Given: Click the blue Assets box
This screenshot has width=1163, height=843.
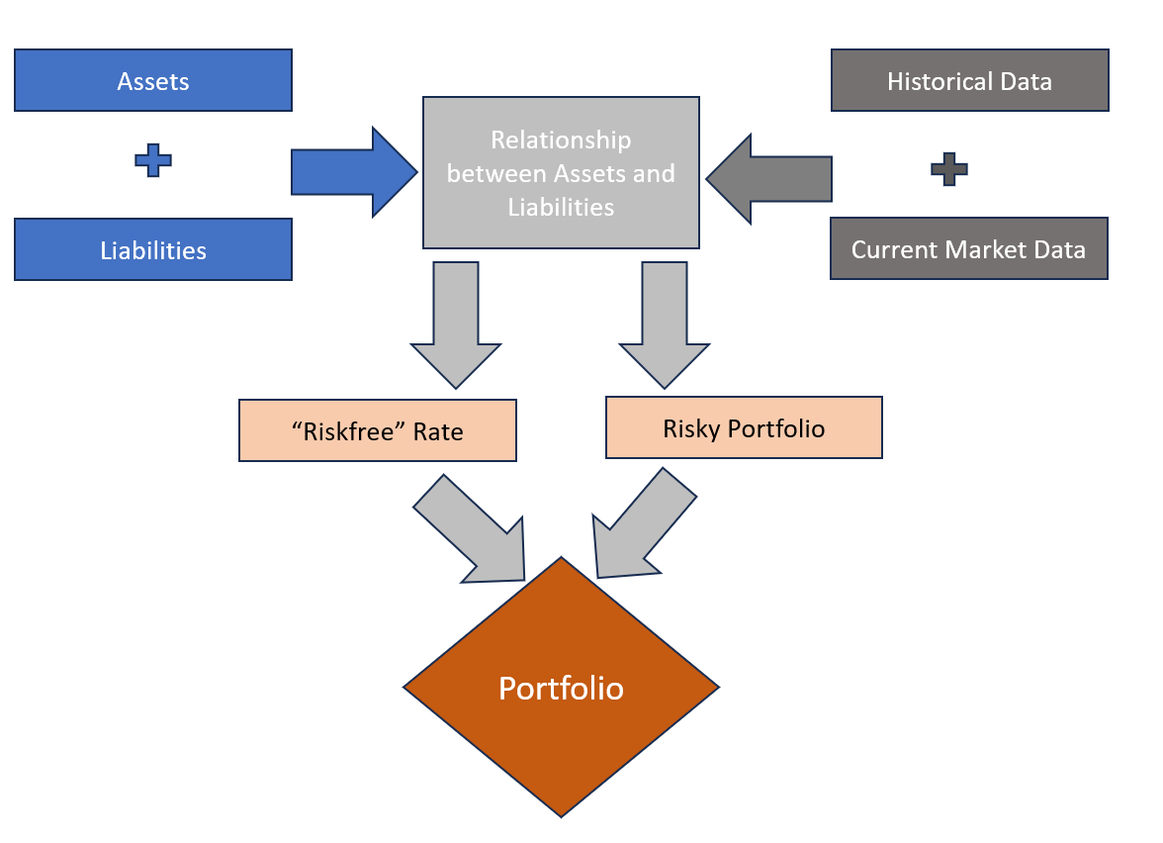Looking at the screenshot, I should click(153, 80).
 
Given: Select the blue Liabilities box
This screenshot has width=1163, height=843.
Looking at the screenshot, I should click(153, 249).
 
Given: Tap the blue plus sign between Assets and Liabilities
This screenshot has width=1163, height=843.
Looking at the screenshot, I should click(153, 160).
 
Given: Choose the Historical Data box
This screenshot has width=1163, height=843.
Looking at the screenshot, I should click(969, 80).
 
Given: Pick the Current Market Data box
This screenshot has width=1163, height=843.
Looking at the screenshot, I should click(968, 248).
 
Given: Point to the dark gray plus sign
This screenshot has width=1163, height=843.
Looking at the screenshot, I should click(949, 169).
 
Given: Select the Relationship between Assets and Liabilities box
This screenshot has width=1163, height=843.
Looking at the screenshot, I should click(561, 172).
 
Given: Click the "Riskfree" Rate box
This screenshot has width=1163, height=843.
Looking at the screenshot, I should click(378, 430).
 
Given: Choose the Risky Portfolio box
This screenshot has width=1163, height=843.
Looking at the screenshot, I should click(744, 427).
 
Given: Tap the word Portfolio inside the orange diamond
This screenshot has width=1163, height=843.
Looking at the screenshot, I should click(561, 688).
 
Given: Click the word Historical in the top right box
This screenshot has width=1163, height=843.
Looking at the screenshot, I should click(934, 81).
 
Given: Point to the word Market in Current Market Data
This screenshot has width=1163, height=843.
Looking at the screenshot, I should click(989, 249).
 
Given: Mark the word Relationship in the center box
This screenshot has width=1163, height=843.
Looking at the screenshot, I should click(561, 140).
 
